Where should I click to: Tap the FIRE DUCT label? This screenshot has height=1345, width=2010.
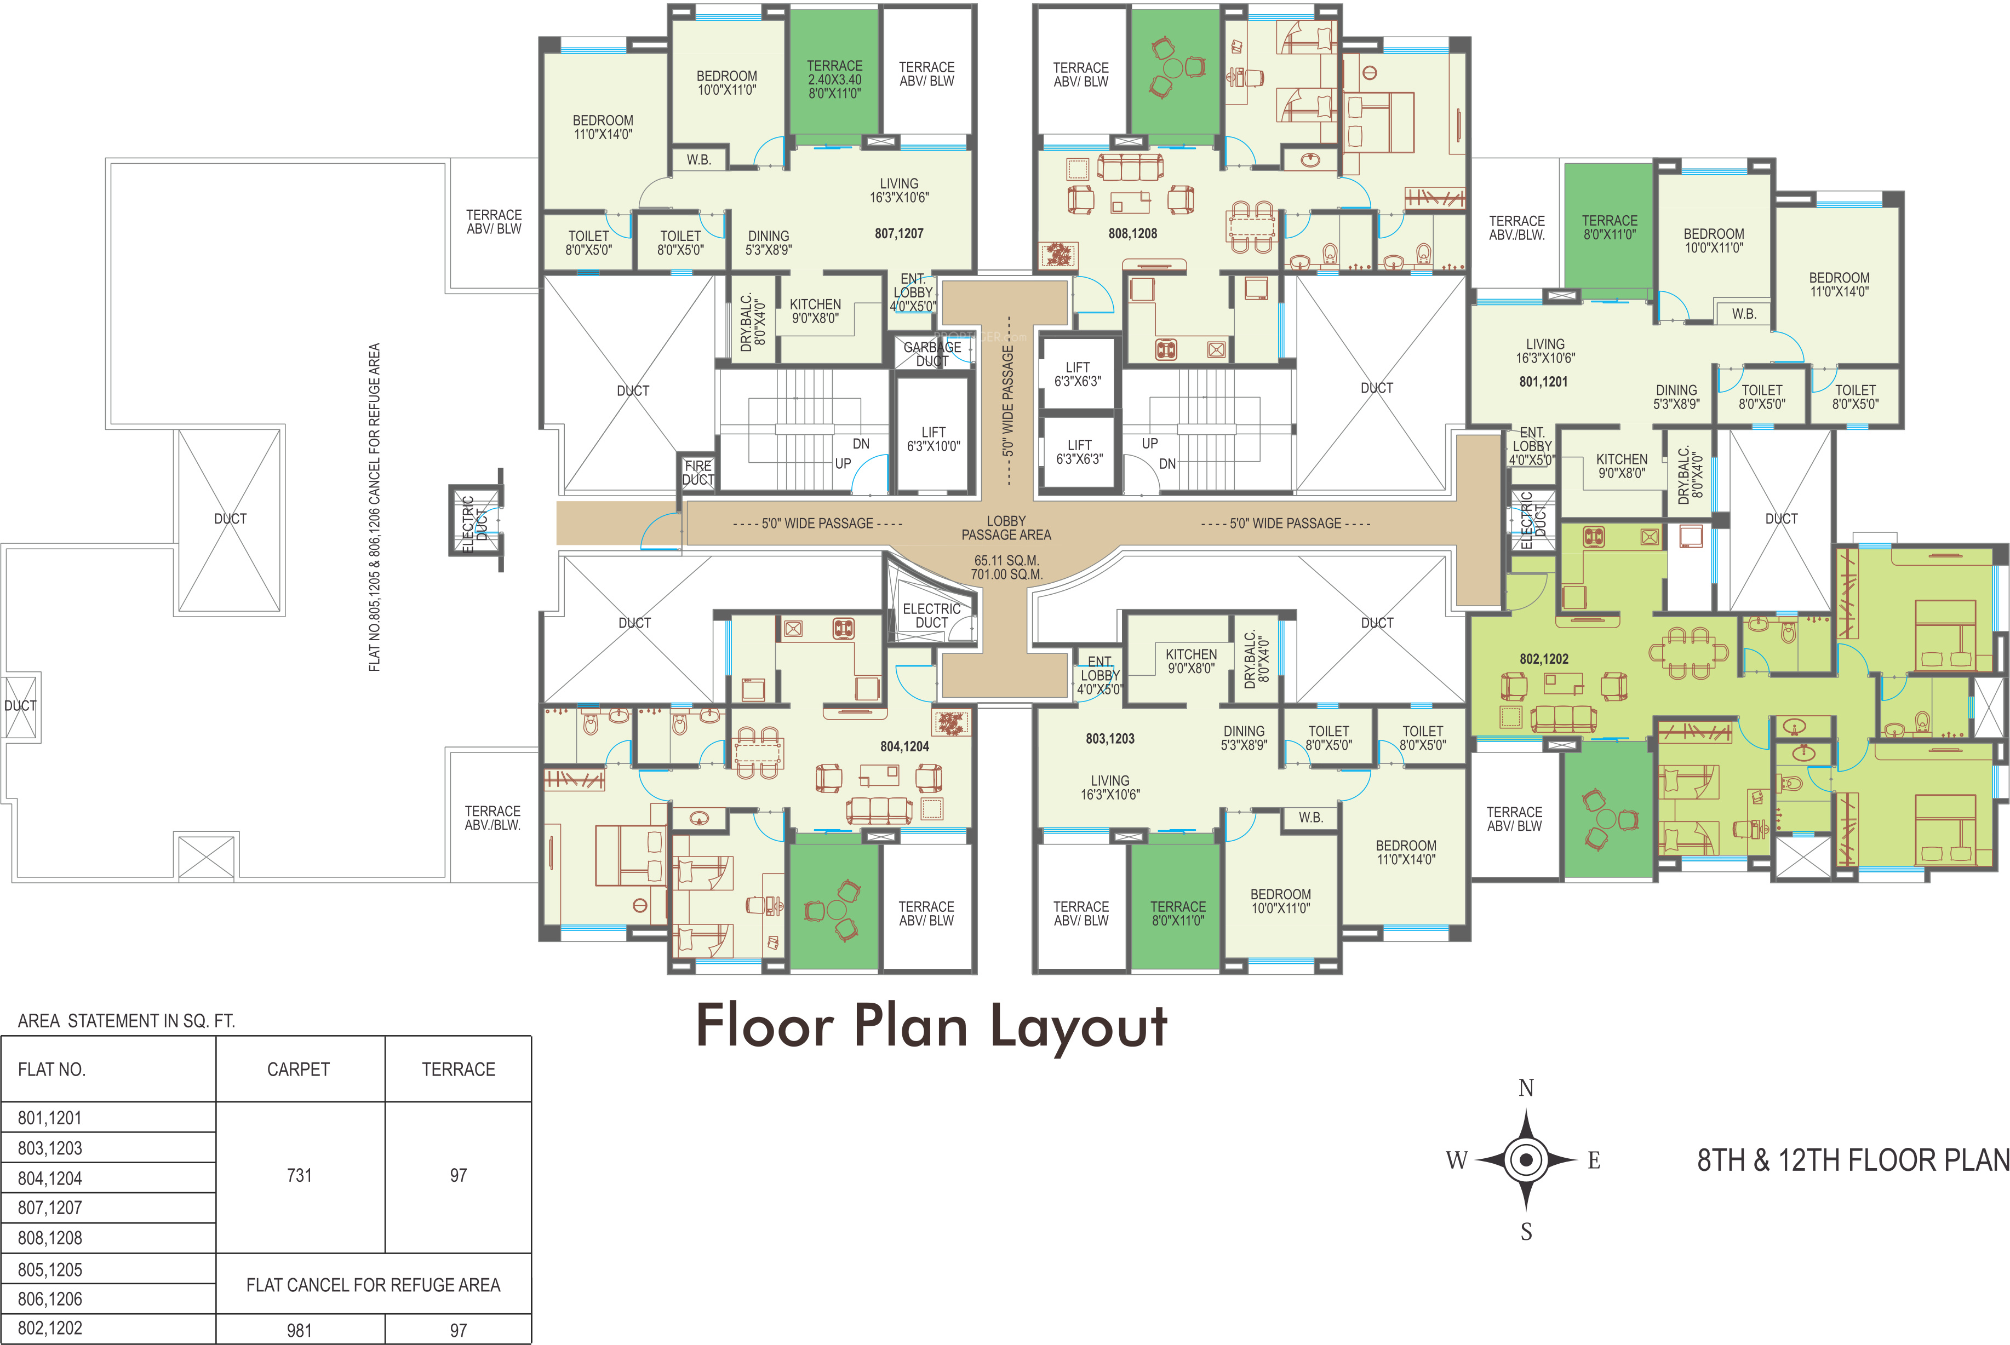pos(698,473)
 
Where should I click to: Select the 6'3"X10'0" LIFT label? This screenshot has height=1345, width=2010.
pos(934,439)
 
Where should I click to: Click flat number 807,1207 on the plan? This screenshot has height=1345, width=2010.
pos(899,233)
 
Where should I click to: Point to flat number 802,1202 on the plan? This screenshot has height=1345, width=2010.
pos(1544,659)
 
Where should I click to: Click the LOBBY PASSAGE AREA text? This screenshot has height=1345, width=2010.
pos(1006,527)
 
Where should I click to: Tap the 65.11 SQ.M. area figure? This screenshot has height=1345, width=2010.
pos(1006,560)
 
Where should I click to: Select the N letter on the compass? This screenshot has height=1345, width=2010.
pos(1526,1088)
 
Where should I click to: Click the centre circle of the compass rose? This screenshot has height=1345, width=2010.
pos(1526,1160)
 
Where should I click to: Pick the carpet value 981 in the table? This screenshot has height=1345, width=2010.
pos(300,1330)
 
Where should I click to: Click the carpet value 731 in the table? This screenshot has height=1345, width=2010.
pos(300,1175)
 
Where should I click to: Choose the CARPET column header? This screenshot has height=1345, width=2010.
pos(299,1069)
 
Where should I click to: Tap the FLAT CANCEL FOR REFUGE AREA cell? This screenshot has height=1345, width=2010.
pos(373,1285)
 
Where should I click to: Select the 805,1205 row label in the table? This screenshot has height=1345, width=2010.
pos(50,1269)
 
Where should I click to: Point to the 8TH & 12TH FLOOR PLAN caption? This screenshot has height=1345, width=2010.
pos(1853,1160)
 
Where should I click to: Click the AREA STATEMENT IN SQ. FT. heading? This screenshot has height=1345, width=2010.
pos(126,1021)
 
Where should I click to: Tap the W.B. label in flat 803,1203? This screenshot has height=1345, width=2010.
pos(1310,818)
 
